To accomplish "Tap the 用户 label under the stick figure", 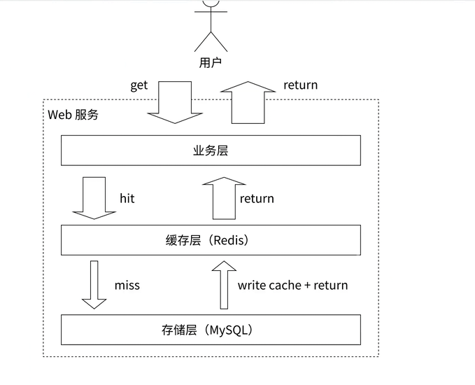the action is pos(211,63).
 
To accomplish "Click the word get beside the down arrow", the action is pos(139,85).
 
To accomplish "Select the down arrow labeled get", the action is pos(175,102).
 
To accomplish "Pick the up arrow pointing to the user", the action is pos(248,102).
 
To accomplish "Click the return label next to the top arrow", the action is pos(301,85).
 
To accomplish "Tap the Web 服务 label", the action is pos(73,115).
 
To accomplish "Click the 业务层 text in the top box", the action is pos(211,150).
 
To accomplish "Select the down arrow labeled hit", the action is pos(94,198).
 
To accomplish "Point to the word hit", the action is pos(127,199).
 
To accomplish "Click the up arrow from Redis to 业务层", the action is pos(224,198).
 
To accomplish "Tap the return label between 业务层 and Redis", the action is pos(257,199).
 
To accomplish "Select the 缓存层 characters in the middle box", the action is pos(183,240).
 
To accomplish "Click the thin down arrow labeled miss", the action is pos(94,285).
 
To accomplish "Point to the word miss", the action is pos(127,286).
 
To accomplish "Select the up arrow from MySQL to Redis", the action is pos(224,285).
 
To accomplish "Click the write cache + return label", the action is pos(292,286).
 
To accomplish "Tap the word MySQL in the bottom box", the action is pos(229,330).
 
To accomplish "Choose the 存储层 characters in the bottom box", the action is pos(179,330).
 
